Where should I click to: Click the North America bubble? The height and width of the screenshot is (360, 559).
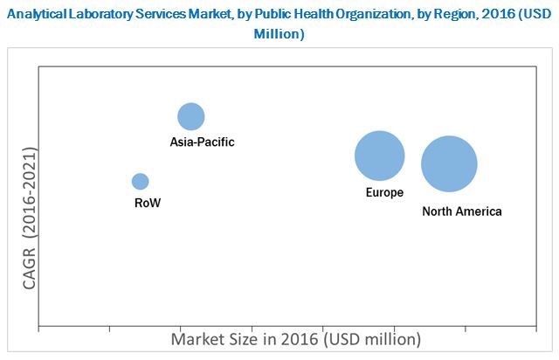(x=449, y=163)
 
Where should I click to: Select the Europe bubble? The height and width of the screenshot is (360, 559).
(x=379, y=156)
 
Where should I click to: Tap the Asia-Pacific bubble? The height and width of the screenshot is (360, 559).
(x=191, y=116)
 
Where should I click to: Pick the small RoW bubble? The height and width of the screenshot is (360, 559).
(x=140, y=181)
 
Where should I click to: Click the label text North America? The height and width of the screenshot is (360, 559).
(x=461, y=211)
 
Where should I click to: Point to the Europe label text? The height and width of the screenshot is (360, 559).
(x=384, y=192)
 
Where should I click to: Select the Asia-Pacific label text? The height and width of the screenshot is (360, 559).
(x=203, y=142)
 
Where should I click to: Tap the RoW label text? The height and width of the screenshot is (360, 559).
(x=148, y=203)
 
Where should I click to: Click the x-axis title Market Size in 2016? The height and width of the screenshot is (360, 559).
(x=295, y=338)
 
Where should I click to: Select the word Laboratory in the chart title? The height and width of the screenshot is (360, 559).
(x=97, y=14)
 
